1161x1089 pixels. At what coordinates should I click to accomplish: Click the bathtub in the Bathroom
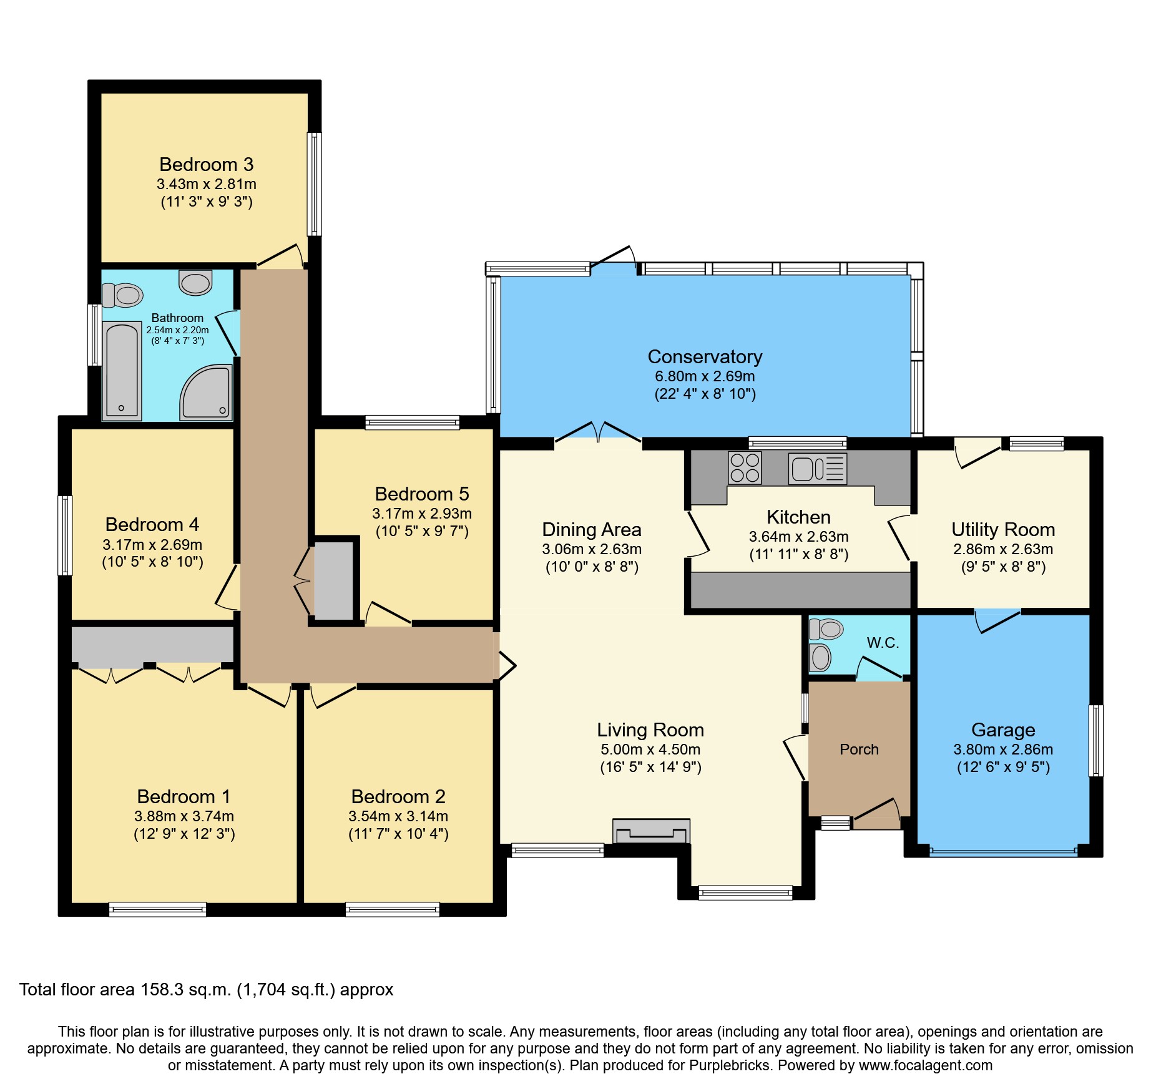(122, 371)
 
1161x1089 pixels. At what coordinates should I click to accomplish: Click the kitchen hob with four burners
(745, 468)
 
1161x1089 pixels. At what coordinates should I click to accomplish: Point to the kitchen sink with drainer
(817, 468)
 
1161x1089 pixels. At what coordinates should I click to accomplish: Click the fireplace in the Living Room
(651, 831)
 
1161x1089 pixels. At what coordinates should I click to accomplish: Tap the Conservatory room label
(705, 356)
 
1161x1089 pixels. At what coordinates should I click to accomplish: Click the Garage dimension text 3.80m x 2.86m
(1002, 750)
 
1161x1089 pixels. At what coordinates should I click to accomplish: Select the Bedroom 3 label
(206, 164)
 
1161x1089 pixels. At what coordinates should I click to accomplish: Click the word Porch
(859, 750)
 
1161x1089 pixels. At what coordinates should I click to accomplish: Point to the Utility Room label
(1002, 529)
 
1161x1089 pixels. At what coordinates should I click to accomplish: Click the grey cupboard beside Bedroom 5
(334, 580)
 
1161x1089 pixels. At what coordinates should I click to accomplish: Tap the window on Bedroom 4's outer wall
(65, 535)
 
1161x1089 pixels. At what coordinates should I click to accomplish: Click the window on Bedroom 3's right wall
(315, 184)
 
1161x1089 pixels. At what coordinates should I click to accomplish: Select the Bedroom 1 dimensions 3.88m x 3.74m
(184, 816)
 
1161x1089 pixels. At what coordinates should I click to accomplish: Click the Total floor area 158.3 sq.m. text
(206, 990)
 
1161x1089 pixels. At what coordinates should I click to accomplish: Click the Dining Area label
(591, 529)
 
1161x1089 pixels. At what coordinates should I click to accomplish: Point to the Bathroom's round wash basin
(195, 282)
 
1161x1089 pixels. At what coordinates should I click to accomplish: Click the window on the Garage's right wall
(1095, 741)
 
